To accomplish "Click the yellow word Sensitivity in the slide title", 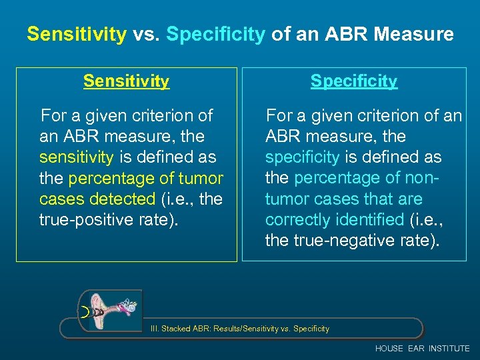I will point(76,35).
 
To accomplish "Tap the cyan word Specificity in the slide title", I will point(216,35).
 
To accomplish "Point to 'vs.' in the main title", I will point(146,35).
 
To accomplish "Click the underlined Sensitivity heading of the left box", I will point(126,81).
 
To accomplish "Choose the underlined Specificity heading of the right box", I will point(353,81).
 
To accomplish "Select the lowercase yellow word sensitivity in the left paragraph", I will point(76,157).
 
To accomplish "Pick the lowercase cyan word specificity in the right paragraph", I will point(302,157).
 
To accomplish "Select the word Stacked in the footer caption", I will point(177,329).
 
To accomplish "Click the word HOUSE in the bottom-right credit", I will point(389,349).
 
